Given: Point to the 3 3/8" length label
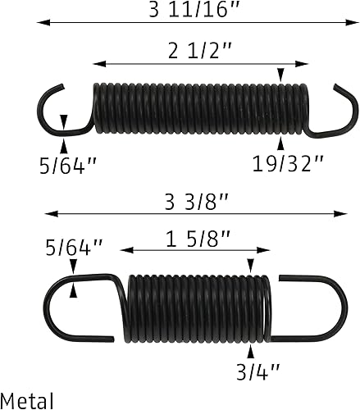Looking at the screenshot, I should [x=194, y=200].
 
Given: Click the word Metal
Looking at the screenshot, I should [x=27, y=400].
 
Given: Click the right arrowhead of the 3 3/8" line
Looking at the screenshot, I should [x=342, y=215].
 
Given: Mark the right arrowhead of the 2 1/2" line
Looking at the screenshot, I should [x=305, y=62].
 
